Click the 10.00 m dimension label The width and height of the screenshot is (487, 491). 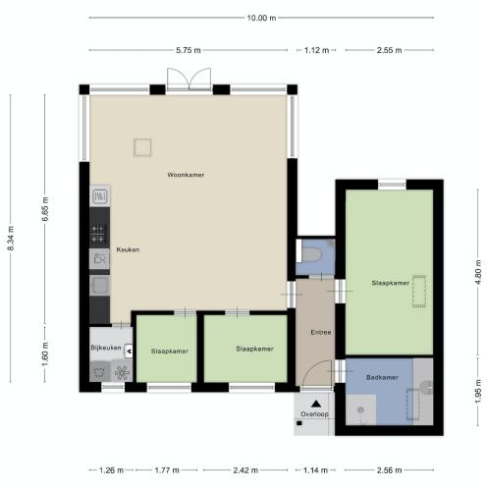point(261,18)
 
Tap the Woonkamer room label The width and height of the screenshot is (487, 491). point(186,175)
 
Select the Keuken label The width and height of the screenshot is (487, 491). point(128,249)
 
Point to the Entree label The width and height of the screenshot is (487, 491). point(321,332)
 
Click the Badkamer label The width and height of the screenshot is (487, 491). point(382,377)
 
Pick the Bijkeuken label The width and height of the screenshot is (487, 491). point(106,348)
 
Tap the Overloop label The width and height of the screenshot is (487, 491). point(314,414)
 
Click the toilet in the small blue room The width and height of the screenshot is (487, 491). point(312,254)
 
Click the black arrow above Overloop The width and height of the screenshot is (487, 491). point(315,404)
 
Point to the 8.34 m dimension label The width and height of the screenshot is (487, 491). point(11,239)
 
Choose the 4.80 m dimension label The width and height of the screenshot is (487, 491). point(478,272)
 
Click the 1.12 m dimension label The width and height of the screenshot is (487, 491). point(316,50)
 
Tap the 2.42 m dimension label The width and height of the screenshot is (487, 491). point(245,470)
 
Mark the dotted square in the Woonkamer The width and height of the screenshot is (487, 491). point(142,147)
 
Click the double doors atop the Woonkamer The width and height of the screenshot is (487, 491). point(189,79)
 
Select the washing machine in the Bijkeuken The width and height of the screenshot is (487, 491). point(100,371)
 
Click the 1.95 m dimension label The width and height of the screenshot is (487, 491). point(478,391)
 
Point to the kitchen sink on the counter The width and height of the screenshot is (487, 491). point(99,286)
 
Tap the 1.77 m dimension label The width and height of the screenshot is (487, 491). point(167,470)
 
